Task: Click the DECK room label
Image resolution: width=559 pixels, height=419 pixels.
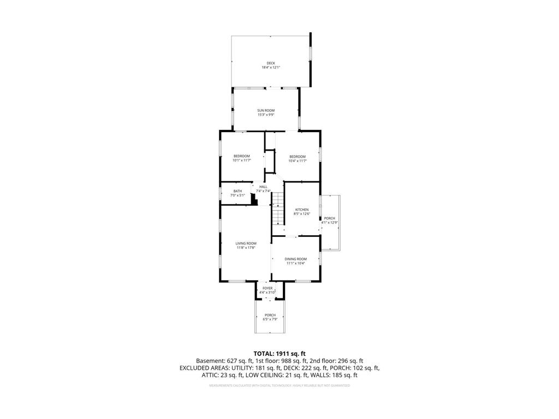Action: (271, 63)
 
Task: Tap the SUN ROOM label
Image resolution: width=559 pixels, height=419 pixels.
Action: (266, 110)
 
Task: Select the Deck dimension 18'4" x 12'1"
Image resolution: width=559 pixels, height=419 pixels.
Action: (271, 67)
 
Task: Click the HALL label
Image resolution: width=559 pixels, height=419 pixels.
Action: (263, 187)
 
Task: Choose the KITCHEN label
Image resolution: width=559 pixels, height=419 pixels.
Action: (302, 209)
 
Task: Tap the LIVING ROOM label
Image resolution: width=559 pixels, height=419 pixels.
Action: (246, 243)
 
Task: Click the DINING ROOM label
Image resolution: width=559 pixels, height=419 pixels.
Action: (296, 259)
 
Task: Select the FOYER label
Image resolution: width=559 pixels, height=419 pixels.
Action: (267, 288)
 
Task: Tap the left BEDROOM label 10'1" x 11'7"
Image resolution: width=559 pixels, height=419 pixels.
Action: (241, 156)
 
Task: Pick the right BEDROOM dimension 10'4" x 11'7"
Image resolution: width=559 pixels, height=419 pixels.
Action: (298, 160)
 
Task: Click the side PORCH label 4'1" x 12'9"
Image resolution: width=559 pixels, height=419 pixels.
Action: (330, 218)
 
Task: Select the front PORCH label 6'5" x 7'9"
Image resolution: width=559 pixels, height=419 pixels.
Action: (270, 315)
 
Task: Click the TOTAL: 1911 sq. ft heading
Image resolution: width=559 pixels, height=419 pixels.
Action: (279, 354)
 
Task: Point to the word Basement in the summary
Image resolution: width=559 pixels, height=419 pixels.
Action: (210, 361)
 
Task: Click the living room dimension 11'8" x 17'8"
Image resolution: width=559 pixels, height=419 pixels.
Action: (246, 248)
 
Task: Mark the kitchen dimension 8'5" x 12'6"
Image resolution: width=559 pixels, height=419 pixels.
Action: (302, 214)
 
